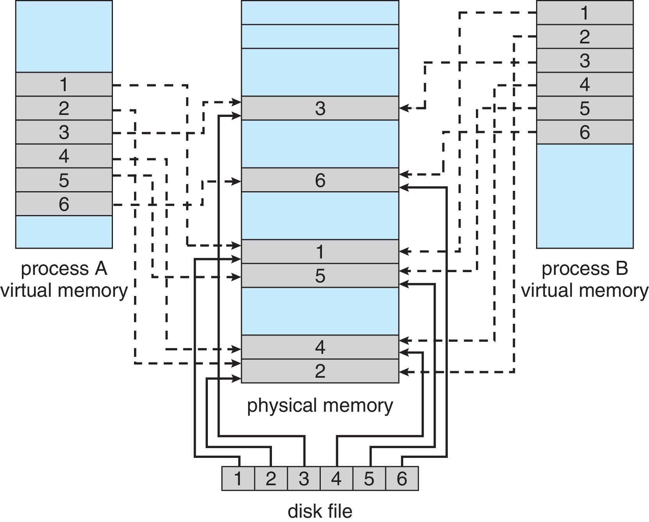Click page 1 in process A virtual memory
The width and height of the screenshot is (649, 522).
[64, 84]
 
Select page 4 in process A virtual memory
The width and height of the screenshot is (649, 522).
[64, 156]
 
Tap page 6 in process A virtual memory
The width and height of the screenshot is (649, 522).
[64, 204]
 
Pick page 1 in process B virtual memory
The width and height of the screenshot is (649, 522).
[585, 13]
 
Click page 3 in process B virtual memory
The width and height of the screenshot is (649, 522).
[585, 61]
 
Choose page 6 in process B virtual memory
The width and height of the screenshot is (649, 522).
[585, 132]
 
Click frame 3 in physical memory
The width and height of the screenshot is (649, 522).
[320, 108]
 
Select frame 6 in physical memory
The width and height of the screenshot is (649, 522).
[320, 180]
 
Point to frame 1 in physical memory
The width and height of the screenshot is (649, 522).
[320, 251]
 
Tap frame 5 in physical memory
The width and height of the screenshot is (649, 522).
[320, 276]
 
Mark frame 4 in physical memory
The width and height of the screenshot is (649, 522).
[320, 347]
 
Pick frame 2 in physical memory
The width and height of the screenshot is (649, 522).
[320, 371]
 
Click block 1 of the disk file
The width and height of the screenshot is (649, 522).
[238, 479]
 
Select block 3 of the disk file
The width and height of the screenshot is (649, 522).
[304, 479]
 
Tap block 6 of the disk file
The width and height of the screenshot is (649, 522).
[402, 479]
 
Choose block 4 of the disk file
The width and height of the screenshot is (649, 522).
[336, 479]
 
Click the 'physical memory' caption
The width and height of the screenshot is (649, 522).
[320, 405]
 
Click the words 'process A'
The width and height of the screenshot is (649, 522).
[64, 269]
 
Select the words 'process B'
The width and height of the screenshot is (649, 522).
[585, 269]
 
